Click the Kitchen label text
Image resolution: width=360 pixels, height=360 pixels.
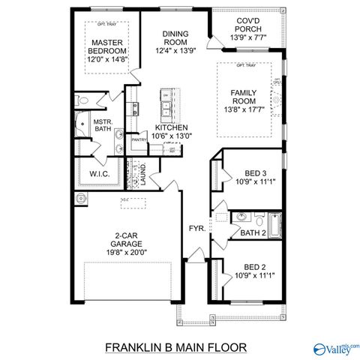(x=172, y=128)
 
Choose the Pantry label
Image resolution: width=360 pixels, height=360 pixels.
(x=139, y=139)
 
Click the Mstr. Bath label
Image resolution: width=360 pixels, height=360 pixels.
(x=102, y=125)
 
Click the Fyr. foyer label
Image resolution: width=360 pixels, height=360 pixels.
(x=196, y=229)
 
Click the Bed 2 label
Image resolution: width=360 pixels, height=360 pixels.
(x=253, y=266)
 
